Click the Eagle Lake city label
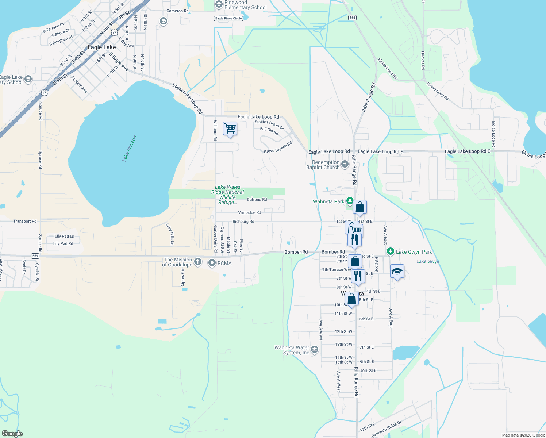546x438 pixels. pos(101,47)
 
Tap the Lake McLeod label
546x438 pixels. pos(130,149)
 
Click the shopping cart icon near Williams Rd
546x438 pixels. pos(230,128)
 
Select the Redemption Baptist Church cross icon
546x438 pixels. pos(345,164)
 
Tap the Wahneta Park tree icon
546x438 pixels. pos(350,201)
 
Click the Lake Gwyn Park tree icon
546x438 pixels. pos(391,251)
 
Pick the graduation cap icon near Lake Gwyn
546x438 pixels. pos(397,271)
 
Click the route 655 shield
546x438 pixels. pos(352,18)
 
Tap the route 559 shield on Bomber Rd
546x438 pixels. pos(35,256)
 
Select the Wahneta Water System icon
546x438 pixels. pos(315,350)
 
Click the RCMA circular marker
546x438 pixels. pos(212,263)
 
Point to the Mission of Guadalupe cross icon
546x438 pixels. pos(197,262)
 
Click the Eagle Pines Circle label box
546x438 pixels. pos(228,18)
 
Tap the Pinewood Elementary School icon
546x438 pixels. pos(219,4)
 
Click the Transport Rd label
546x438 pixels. pos(25,221)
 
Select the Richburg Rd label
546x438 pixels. pos(243,222)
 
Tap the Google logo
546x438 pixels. pos(12,434)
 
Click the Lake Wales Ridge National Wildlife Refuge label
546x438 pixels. pos(227,195)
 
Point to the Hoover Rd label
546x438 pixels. pos(423,60)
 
